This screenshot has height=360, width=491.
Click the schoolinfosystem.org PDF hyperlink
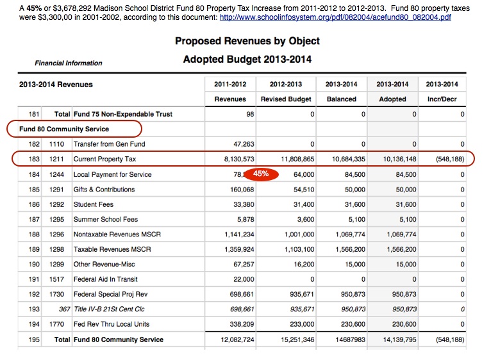335,17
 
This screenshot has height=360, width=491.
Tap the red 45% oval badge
261,174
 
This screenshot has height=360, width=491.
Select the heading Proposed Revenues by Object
247,41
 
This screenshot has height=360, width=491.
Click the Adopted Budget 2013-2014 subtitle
247,59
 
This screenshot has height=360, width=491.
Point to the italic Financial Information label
68,63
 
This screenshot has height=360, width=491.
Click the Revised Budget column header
286,99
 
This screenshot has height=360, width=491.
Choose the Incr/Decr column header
442,99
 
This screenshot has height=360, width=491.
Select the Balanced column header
341,99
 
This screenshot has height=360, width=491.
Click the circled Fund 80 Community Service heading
64,129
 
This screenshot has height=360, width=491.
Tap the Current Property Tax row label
104,159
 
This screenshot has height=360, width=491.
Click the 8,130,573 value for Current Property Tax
239,159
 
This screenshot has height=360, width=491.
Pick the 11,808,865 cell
297,159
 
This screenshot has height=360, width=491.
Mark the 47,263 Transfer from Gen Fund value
244,144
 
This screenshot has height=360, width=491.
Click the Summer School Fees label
106,220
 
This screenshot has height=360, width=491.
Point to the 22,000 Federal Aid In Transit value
244,279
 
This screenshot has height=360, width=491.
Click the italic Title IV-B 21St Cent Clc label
109,309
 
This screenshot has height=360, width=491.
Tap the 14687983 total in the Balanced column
351,340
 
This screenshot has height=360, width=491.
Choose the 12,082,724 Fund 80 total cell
237,340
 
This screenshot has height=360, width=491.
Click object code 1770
56,324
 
